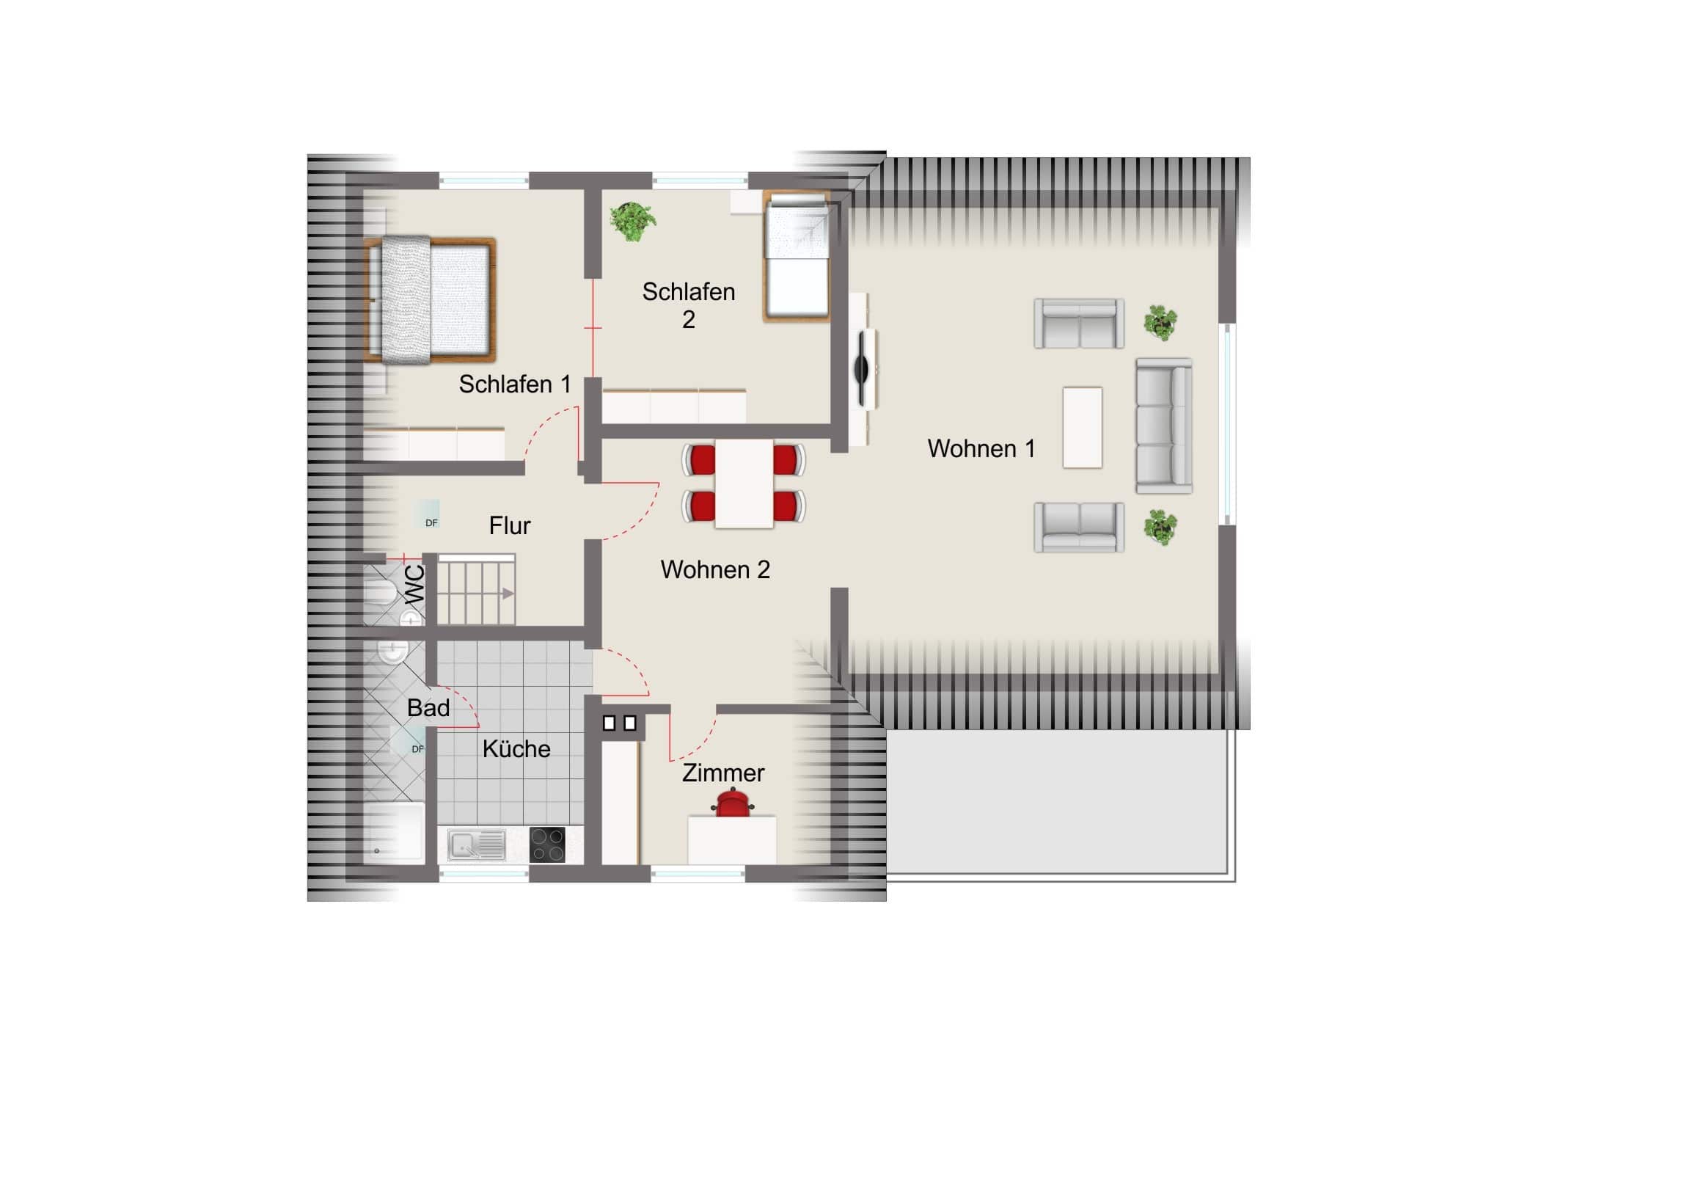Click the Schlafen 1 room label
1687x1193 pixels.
pyautogui.click(x=514, y=384)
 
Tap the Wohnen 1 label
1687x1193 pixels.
pyautogui.click(x=981, y=448)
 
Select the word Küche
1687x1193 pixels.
pyautogui.click(x=516, y=748)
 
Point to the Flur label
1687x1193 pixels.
pyautogui.click(x=510, y=525)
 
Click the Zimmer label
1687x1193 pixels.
pyautogui.click(x=723, y=773)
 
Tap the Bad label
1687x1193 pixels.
pyautogui.click(x=428, y=708)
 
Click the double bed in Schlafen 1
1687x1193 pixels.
pyautogui.click(x=431, y=300)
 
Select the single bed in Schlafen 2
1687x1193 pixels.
pyautogui.click(x=797, y=256)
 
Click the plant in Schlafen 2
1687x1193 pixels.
pyautogui.click(x=632, y=221)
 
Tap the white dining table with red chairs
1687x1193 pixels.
pyautogui.click(x=744, y=484)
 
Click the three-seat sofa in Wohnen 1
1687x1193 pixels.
pyautogui.click(x=1164, y=426)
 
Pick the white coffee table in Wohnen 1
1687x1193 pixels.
pyautogui.click(x=1083, y=428)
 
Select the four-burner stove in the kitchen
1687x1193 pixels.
pyautogui.click(x=547, y=844)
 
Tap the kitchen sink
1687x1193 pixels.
pyautogui.click(x=477, y=844)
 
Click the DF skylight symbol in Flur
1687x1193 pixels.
pyautogui.click(x=431, y=514)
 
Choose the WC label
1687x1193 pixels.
pyautogui.click(x=415, y=584)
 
